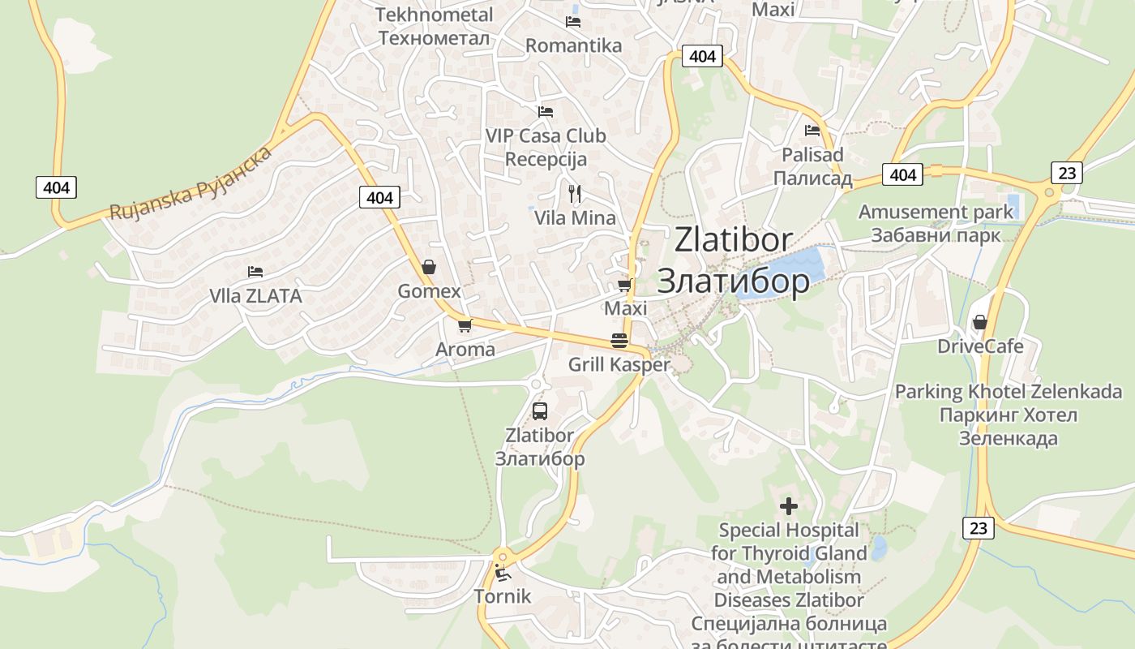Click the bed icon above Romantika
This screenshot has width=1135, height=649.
pyautogui.click(x=573, y=22)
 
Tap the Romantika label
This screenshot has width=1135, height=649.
pyautogui.click(x=573, y=45)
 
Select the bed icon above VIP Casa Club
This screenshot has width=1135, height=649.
pyautogui.click(x=546, y=111)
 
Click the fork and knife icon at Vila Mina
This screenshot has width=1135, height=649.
pyautogui.click(x=575, y=193)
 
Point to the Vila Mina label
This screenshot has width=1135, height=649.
pyautogui.click(x=575, y=217)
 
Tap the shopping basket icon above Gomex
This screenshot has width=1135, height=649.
pyautogui.click(x=429, y=267)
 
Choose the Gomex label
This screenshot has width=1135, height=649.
pyautogui.click(x=429, y=291)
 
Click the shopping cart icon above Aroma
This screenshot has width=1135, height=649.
pyautogui.click(x=465, y=325)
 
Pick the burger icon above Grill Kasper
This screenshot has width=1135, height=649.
pyautogui.click(x=619, y=340)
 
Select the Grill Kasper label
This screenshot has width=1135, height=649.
pyautogui.click(x=619, y=364)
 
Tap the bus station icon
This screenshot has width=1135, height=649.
pyautogui.click(x=540, y=410)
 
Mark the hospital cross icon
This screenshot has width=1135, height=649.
pyautogui.click(x=788, y=506)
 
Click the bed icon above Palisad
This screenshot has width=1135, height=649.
pyautogui.click(x=812, y=130)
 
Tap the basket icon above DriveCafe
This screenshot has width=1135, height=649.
pyautogui.click(x=979, y=322)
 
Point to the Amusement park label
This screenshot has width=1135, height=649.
pyautogui.click(x=936, y=213)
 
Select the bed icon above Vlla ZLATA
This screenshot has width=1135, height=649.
pyautogui.click(x=255, y=272)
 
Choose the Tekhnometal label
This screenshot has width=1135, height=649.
pyautogui.click(x=434, y=15)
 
